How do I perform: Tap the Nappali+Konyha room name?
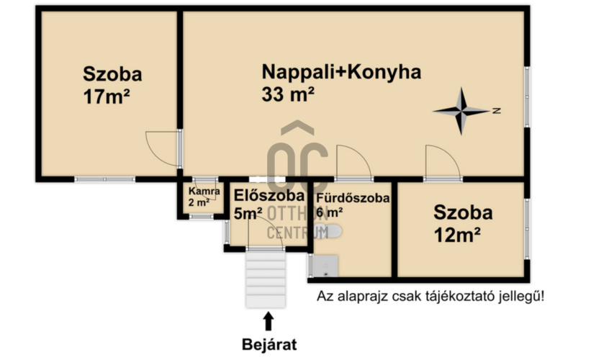click(x=340, y=72)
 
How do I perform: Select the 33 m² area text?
click(x=288, y=94)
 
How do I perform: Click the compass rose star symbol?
click(x=461, y=111)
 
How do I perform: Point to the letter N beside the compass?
click(x=497, y=111)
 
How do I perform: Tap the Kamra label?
click(x=199, y=192)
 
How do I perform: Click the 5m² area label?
click(x=248, y=213)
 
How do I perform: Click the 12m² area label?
click(x=458, y=234)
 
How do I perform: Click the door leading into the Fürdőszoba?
click(x=353, y=162)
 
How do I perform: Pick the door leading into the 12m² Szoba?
click(x=441, y=162)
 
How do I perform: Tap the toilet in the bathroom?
click(x=334, y=231)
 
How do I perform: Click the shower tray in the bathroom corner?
click(x=325, y=265)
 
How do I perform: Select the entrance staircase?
click(x=266, y=277)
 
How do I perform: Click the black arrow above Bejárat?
click(x=268, y=320)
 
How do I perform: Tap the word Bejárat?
click(x=268, y=344)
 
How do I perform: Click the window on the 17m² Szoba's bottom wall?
click(x=105, y=179)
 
